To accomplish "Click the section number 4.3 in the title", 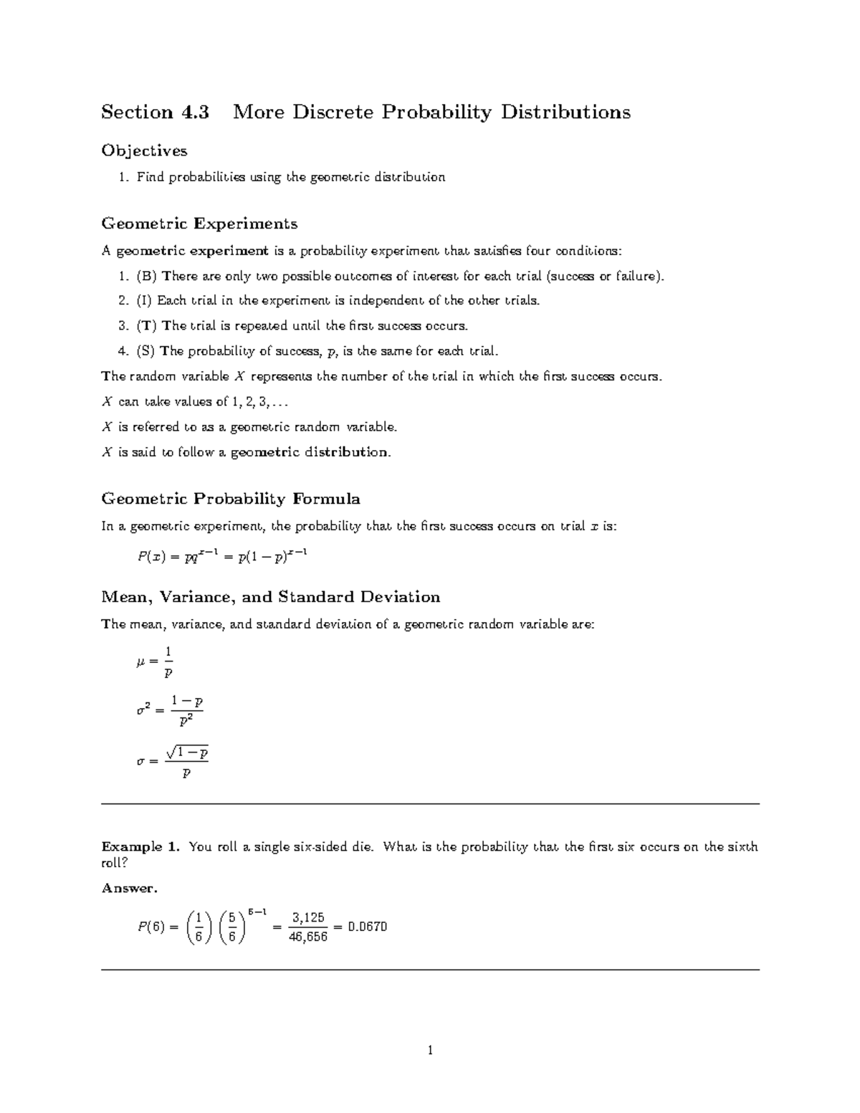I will point(192,113).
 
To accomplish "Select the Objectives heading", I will point(144,151).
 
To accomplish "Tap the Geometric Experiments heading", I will point(199,224).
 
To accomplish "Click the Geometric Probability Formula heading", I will point(231,499).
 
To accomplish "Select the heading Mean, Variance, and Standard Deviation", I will point(271,597).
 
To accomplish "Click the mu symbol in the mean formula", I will point(140,663).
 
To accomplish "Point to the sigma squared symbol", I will point(143,710).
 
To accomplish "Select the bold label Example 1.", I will point(140,847).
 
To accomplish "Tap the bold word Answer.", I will point(129,888).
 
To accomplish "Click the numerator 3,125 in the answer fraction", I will point(308,917).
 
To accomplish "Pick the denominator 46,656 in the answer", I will point(308,936).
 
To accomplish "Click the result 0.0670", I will point(367,927).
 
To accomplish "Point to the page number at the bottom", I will point(430,1051).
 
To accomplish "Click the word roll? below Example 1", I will point(115,863).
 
